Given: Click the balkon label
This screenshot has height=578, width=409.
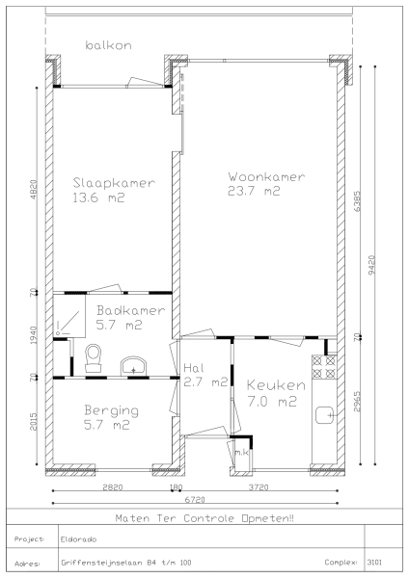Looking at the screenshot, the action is click(x=108, y=45).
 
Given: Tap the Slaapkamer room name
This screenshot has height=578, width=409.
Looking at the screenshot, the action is click(x=114, y=183).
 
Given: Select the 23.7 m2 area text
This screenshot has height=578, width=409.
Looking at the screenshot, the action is click(x=254, y=191).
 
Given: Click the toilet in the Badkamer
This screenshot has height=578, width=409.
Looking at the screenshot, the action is click(x=93, y=358).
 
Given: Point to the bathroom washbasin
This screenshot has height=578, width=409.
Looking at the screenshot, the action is click(x=133, y=366).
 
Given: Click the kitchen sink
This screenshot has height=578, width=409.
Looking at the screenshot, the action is click(x=325, y=415).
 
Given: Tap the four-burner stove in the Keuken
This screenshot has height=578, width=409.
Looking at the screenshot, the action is click(x=324, y=367).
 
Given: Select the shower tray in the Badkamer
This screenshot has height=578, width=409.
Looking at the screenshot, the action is click(x=69, y=316).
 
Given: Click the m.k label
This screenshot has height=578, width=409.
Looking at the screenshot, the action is click(x=242, y=453).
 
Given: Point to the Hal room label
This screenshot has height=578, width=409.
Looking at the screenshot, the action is click(x=194, y=368).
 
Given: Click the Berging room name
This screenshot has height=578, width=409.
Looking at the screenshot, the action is click(x=112, y=410).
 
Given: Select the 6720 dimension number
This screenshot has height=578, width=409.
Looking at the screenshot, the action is click(x=195, y=500).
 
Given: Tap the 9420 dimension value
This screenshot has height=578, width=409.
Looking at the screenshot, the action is click(x=371, y=265).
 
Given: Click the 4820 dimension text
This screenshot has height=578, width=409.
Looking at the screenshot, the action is click(x=33, y=190).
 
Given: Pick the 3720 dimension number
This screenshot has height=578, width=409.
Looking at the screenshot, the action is click(x=259, y=487).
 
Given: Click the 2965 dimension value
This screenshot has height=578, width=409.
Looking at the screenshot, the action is click(x=357, y=402).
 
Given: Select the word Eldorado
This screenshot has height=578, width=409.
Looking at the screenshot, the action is click(x=79, y=539).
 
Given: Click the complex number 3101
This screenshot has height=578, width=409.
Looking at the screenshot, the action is click(x=374, y=563).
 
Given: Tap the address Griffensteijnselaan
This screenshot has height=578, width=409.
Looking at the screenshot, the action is click(x=102, y=563).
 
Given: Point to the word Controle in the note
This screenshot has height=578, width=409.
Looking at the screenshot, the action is click(x=208, y=518).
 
